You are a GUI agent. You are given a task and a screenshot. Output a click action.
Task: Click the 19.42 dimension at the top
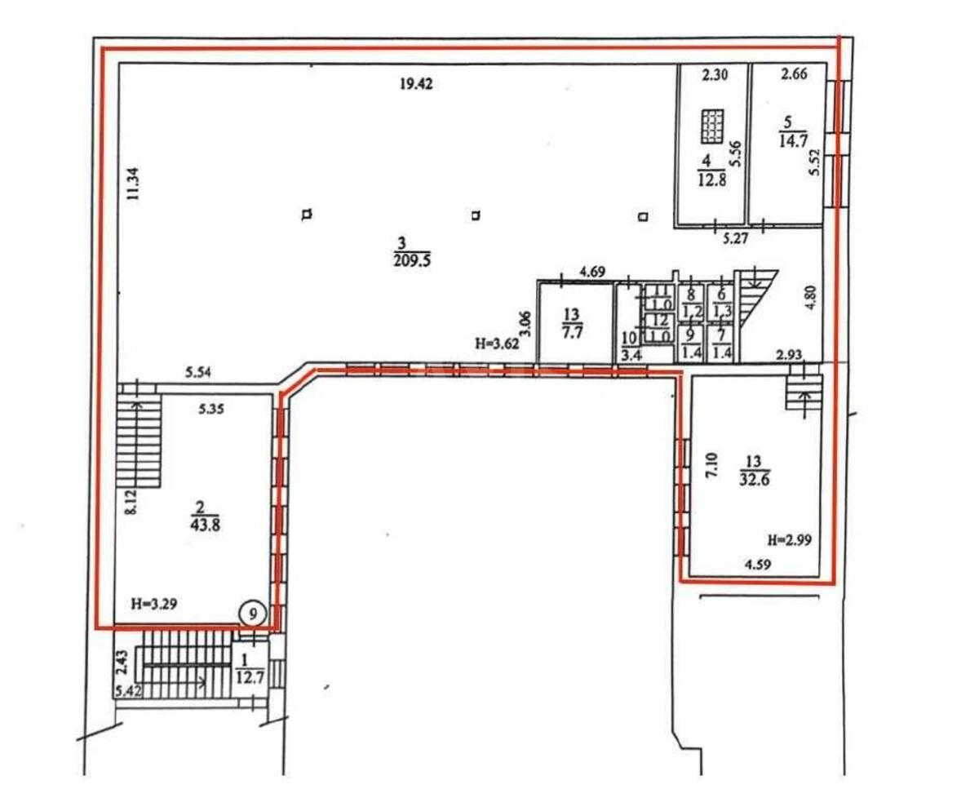(x=415, y=82)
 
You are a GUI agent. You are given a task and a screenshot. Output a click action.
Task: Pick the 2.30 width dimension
(x=715, y=75)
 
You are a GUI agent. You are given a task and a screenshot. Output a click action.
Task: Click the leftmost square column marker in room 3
(x=307, y=215)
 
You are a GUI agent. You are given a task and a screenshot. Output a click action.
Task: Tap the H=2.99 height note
(x=787, y=539)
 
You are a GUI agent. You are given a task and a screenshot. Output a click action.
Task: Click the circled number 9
(x=253, y=611)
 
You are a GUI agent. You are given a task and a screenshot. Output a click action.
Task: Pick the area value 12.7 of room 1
(x=246, y=676)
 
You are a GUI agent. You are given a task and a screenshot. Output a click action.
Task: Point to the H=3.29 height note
(x=155, y=605)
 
